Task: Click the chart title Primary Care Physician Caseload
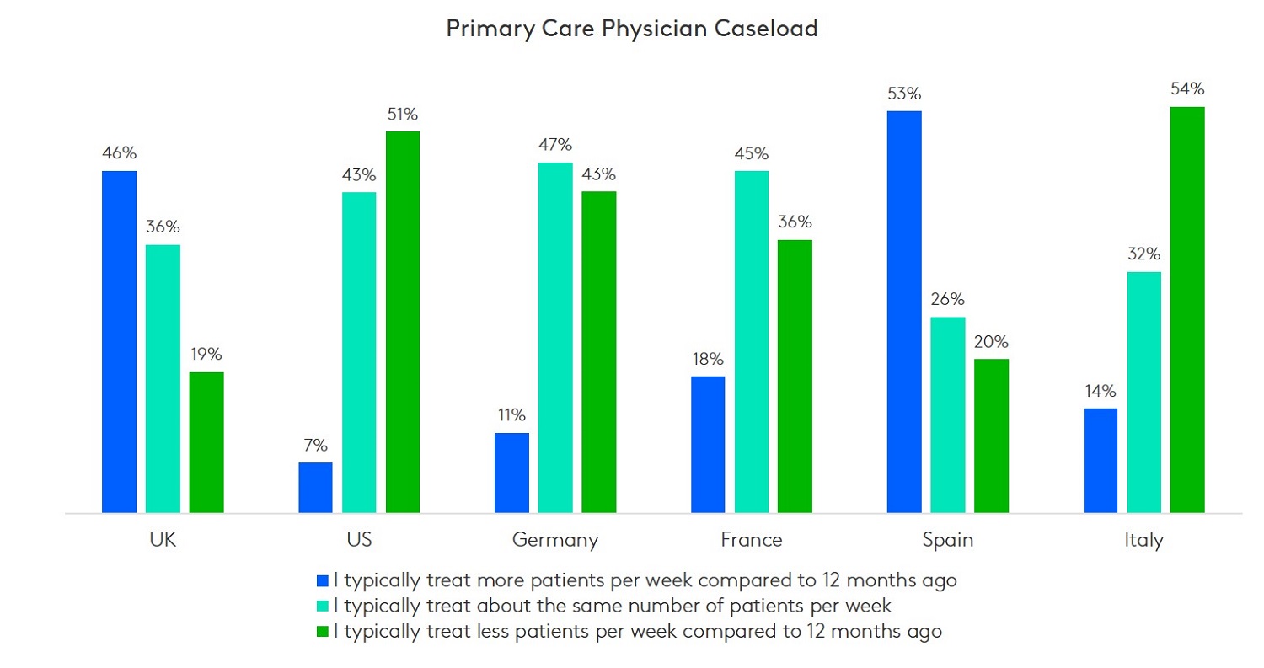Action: click(x=632, y=29)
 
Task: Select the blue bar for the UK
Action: click(x=119, y=341)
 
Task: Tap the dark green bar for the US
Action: click(x=402, y=322)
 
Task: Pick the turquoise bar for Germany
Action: click(x=555, y=337)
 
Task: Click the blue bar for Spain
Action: click(x=904, y=312)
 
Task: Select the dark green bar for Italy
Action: click(x=1187, y=309)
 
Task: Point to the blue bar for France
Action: click(x=708, y=444)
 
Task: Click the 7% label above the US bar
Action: click(x=315, y=446)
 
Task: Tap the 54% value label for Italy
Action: click(x=1187, y=89)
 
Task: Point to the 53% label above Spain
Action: click(x=904, y=94)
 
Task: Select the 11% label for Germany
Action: click(x=511, y=415)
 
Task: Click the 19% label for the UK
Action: click(x=206, y=355)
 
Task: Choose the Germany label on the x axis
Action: click(x=555, y=540)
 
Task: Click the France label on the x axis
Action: click(x=752, y=540)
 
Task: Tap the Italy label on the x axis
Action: click(x=1143, y=540)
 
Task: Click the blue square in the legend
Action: click(x=322, y=580)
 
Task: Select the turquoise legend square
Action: click(x=322, y=606)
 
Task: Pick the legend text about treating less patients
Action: click(x=637, y=632)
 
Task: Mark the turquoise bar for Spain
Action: click(x=948, y=414)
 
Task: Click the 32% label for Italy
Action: click(x=1143, y=254)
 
